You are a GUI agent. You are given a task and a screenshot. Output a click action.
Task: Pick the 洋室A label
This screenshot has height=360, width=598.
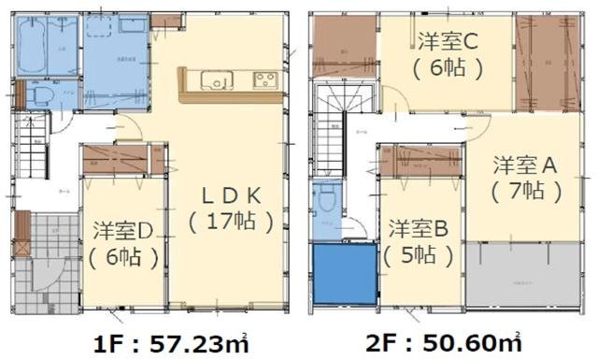[526, 165]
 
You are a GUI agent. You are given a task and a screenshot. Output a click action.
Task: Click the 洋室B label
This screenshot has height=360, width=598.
[420, 227]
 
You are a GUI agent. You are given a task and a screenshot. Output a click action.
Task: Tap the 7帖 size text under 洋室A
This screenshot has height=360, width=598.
[526, 192]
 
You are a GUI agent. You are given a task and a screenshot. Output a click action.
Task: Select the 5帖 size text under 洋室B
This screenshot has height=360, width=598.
[420, 253]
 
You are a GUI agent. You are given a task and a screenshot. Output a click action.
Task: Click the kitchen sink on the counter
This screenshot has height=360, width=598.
[218, 83]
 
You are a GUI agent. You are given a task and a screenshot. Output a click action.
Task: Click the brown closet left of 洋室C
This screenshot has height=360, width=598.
[342, 47]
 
